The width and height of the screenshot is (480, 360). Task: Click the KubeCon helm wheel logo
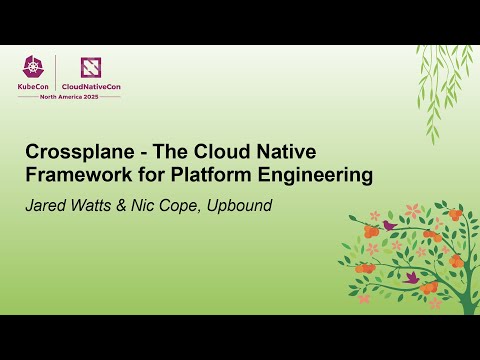(34, 68)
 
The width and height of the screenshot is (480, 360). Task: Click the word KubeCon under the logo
(34, 86)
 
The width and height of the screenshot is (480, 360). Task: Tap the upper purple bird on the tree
(390, 226)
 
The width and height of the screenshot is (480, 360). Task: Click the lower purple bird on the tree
(410, 277)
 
